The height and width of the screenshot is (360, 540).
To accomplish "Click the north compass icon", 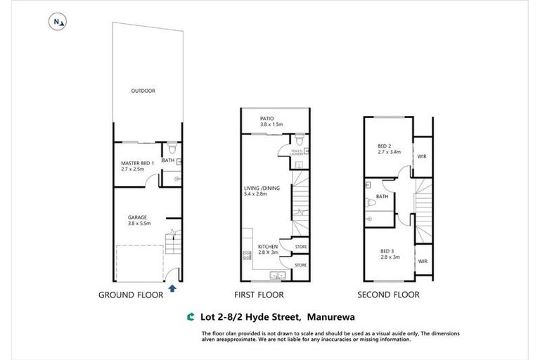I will tap(58, 22).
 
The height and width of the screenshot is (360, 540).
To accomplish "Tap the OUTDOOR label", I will tap(143, 91).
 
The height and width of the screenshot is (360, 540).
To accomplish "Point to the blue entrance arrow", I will tap(172, 287).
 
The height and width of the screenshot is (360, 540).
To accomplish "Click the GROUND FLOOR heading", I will tap(130, 295).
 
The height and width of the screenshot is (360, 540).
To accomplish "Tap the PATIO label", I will tap(266, 119).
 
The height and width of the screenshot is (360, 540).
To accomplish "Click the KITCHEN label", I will tap(267, 247).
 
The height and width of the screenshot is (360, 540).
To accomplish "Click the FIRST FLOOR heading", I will tap(259, 295).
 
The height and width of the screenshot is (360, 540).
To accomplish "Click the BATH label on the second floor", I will tap(382, 197).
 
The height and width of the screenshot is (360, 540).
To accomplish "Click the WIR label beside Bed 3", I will tap(423, 261).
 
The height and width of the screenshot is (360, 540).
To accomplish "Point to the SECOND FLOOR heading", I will tap(388, 295).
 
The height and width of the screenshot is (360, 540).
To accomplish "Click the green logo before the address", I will tap(190, 317).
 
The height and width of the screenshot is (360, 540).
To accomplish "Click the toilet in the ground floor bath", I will tap(172, 150).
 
